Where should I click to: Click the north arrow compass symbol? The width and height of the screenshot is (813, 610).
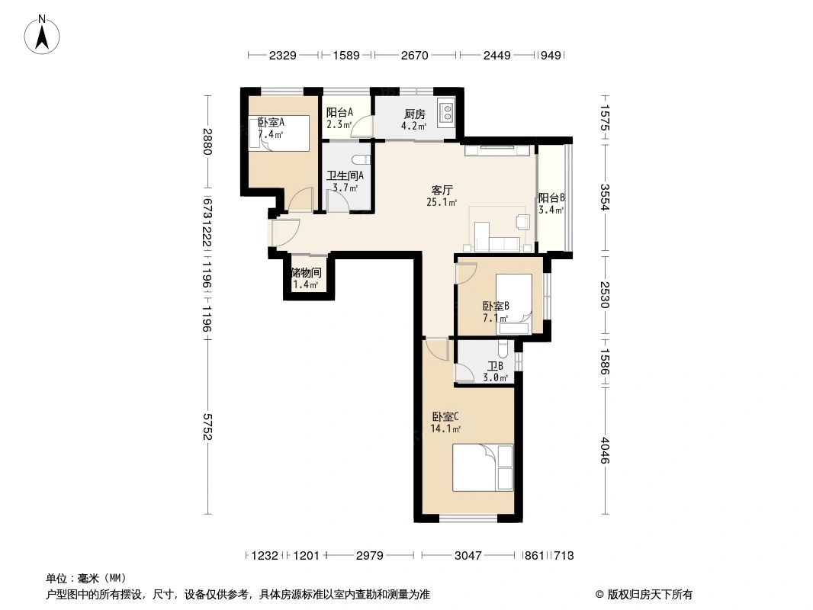click(43, 34)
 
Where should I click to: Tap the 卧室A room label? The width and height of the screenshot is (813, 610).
click(271, 122)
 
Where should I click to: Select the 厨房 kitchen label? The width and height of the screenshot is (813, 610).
click(414, 114)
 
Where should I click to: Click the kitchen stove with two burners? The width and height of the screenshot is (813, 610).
click(445, 114)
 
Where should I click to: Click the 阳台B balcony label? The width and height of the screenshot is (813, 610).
click(551, 197)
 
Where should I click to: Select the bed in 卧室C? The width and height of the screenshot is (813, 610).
click(483, 467)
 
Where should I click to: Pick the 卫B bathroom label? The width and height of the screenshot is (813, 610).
click(496, 366)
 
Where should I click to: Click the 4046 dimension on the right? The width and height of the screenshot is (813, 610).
click(606, 450)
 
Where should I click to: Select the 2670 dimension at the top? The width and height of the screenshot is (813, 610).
click(414, 55)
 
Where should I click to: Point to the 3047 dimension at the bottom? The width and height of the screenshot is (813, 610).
click(468, 556)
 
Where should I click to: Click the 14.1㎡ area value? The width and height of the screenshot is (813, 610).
click(445, 429)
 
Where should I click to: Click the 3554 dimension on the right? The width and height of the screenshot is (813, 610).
click(606, 197)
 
